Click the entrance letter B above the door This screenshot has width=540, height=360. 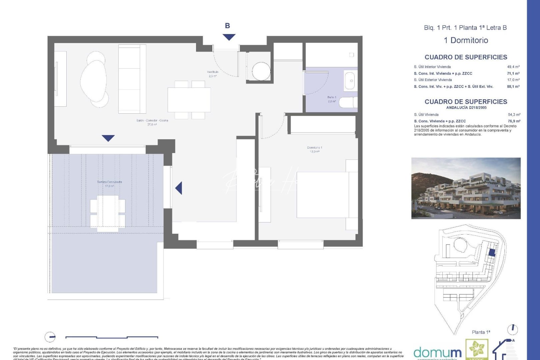(227, 26)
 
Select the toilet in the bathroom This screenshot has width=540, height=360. (348, 102)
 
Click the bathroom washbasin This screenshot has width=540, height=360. (350, 80)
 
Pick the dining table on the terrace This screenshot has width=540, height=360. (107, 213)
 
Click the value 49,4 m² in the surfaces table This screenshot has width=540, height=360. (513, 67)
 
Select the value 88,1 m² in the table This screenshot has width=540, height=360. (513, 86)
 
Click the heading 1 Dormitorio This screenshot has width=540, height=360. (466, 40)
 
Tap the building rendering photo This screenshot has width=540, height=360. (466, 188)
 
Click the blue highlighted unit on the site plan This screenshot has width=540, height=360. (492, 252)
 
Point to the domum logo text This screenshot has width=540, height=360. (437, 353)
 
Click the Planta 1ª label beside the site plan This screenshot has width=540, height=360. (481, 332)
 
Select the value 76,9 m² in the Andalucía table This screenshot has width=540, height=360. (514, 121)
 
